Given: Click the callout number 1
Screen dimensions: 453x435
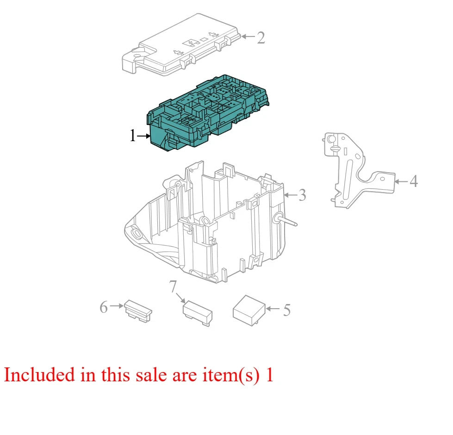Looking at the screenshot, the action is (x=133, y=136).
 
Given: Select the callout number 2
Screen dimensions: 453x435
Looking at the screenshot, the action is (x=261, y=37).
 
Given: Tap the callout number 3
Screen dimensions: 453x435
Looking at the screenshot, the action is (x=302, y=195).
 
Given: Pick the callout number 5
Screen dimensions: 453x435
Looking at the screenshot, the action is (x=286, y=310).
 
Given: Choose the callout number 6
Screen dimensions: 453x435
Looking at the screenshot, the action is (x=104, y=307).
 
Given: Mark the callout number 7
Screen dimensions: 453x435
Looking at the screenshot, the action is (x=173, y=286).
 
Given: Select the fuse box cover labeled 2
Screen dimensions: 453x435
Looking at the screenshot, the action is (x=181, y=45).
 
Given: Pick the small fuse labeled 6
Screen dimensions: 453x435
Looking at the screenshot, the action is (x=138, y=311).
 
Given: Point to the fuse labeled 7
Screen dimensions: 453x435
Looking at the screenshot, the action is (x=198, y=314).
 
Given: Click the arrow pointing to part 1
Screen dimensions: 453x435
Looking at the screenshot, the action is (x=144, y=136).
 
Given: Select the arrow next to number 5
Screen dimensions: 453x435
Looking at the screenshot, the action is (x=273, y=309).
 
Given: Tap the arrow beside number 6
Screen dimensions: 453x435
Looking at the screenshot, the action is (x=117, y=305).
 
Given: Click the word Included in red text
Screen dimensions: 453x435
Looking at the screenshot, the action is (x=39, y=375).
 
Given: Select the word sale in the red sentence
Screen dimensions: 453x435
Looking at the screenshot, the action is (x=151, y=375).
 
